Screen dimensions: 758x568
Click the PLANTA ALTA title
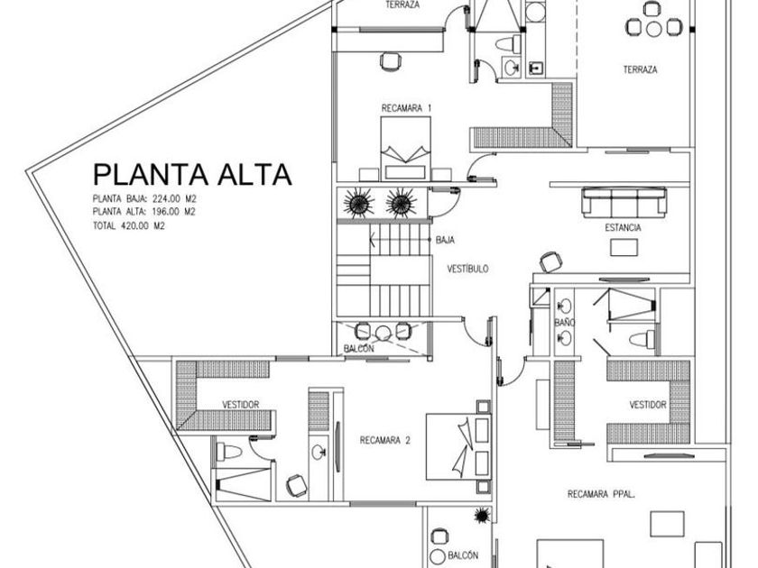193,174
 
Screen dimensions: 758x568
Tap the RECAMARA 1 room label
407,108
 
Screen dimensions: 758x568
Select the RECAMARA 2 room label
385,441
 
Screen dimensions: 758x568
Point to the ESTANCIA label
623,228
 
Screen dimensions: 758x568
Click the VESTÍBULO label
467,269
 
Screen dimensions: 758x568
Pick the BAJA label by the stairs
445,241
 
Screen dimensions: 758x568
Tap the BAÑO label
565,322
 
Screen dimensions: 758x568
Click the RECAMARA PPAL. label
599,493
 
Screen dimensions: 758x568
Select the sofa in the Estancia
624,200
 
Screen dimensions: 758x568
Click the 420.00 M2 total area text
129,226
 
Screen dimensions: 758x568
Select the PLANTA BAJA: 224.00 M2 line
144,197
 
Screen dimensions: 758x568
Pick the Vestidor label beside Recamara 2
240,405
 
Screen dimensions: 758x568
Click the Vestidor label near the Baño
648,405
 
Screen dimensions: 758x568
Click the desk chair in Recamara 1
390,61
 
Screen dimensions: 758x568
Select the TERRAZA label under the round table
639,69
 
